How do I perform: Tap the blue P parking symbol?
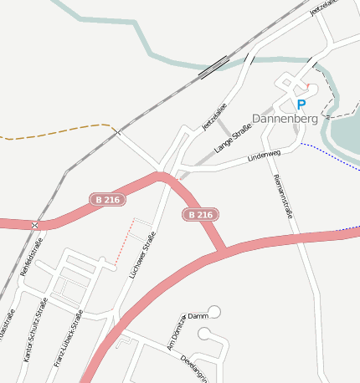301,105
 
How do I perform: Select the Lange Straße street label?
234,134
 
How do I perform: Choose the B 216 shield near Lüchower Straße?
200,215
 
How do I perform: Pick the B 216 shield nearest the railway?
108,200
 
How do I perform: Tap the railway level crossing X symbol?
35,226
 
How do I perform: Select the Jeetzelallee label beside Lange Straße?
214,117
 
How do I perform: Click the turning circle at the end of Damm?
215,312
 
